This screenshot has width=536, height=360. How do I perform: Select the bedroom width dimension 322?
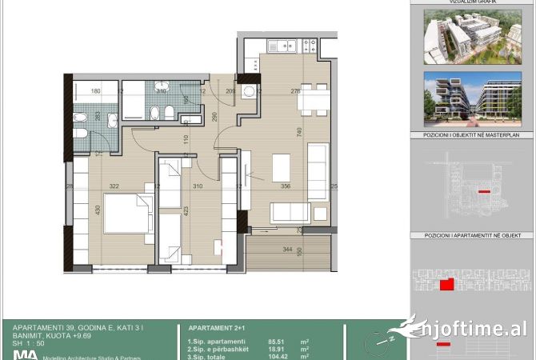114,186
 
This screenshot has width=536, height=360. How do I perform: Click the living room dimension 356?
286,186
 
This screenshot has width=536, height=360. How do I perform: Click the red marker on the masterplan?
482,193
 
